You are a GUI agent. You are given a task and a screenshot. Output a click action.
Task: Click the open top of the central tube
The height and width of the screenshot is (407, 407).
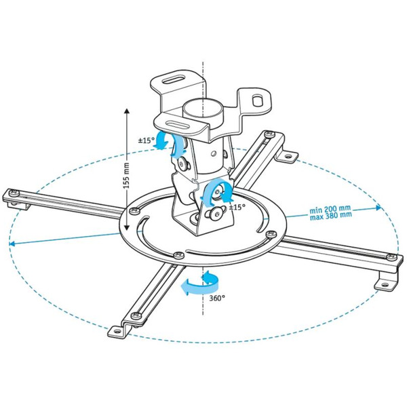203,106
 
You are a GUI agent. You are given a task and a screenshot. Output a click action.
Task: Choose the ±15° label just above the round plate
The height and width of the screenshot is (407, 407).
237,206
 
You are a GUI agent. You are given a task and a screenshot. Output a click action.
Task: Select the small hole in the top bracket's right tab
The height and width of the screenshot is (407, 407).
258,99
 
